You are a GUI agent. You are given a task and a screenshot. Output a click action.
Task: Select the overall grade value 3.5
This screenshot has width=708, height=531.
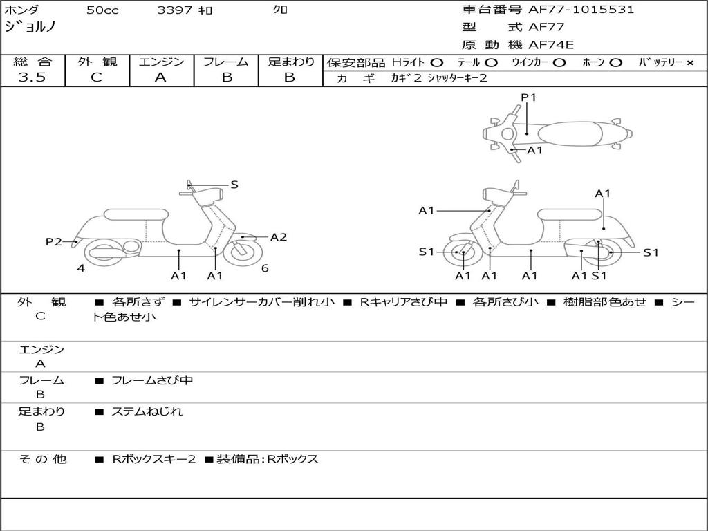32,77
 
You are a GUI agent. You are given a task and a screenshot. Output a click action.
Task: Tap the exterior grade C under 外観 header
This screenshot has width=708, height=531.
96,77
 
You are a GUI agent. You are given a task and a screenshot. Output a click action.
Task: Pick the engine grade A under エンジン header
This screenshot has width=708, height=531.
160,77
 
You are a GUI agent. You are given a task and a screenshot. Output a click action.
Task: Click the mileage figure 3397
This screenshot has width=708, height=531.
176,10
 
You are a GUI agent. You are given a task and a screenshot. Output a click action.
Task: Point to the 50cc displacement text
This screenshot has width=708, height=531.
101,10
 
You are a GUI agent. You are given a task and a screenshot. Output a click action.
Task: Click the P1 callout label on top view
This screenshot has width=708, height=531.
528,97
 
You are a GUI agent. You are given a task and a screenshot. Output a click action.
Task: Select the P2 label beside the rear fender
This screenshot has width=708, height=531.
53,242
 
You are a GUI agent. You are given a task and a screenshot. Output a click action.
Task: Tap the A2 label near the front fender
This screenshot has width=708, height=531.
278,237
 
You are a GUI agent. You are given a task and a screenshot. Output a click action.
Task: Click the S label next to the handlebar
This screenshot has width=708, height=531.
234,185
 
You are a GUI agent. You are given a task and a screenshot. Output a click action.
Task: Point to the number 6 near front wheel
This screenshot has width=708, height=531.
265,268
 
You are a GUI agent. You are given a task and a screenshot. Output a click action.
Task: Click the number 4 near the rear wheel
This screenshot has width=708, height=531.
81,268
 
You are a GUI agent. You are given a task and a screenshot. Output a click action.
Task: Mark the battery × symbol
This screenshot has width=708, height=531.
689,62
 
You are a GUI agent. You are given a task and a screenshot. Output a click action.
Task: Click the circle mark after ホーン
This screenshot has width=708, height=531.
615,62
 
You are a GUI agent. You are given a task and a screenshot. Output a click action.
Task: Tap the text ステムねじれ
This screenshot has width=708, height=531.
147,411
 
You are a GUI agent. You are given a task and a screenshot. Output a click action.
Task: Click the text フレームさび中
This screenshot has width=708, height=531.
152,380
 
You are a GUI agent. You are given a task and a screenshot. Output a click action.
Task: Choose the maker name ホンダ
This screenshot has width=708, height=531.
21,10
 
